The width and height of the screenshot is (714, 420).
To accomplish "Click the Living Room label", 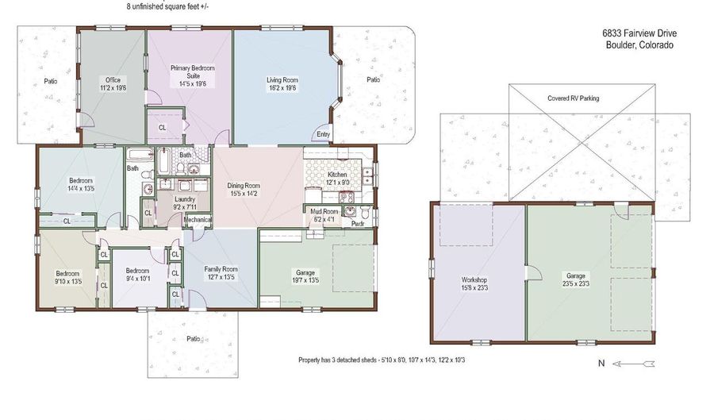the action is click(x=282, y=80).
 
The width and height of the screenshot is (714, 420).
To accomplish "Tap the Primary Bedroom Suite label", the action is click(x=193, y=72).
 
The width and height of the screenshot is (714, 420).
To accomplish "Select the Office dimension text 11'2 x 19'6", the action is click(x=113, y=88).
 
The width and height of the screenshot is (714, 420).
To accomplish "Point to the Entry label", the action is click(x=324, y=134).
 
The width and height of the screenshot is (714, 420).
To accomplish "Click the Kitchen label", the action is click(x=337, y=175).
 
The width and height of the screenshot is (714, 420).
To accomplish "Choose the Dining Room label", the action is click(x=244, y=186).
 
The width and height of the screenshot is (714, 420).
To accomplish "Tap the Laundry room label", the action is click(x=185, y=199).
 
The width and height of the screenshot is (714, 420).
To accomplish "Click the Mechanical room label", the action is click(x=198, y=220).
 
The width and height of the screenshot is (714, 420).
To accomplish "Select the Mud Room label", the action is click(x=324, y=211).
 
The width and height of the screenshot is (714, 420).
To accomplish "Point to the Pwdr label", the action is click(x=358, y=224).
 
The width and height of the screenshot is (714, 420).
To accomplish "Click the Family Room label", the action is click(x=221, y=269).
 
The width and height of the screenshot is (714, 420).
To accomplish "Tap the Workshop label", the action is click(x=474, y=279).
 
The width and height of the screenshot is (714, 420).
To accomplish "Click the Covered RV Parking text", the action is click(x=574, y=98).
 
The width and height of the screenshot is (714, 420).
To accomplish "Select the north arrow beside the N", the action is click(x=633, y=364).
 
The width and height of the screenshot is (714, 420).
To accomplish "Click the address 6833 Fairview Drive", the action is click(x=639, y=33).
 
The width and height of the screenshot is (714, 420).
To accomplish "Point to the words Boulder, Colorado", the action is click(x=639, y=45).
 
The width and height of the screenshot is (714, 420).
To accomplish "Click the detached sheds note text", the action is click(x=382, y=360).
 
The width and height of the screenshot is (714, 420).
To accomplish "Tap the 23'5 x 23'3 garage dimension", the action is click(x=576, y=283).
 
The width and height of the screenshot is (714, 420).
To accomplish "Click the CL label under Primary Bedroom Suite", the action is click(x=162, y=128).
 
